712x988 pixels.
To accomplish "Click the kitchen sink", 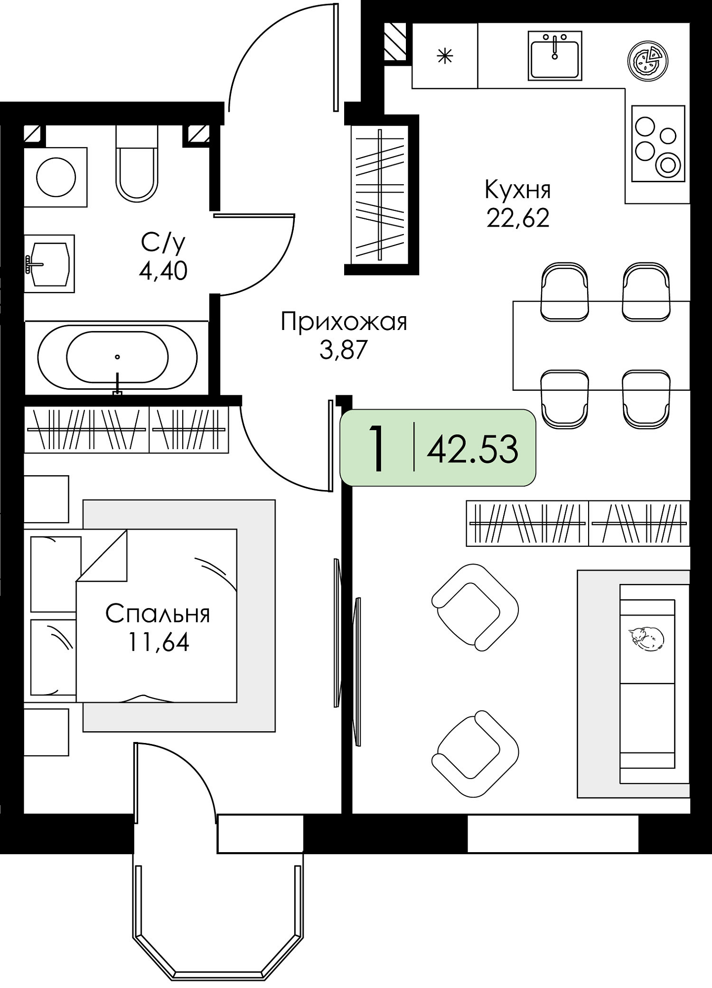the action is coord(554,55).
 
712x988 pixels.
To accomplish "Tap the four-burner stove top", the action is coord(658,143).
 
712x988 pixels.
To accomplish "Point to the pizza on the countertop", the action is coord(648,60).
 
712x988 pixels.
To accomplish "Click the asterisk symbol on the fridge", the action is coord(445,56).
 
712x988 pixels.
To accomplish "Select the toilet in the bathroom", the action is coord(137,163).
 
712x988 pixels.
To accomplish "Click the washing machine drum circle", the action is coord(56,177).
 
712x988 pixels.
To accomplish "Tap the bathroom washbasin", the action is coord(49,264).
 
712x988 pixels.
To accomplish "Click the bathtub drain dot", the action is coord(118,357).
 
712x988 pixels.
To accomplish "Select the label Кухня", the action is coord(518,190).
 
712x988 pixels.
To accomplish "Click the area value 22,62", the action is coord(518,218).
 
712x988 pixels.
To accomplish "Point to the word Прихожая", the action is coord(344,322).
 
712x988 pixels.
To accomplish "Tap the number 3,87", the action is coord(344,350).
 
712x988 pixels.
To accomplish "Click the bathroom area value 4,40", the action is coord(163,271).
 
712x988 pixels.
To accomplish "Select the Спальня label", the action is coord(158,614).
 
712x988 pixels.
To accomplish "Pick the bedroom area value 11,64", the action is coord(158,642).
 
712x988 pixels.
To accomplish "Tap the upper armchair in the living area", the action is coord(475,607).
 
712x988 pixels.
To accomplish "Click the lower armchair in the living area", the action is coord(475,754).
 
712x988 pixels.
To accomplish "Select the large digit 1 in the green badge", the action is coord(377,449).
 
